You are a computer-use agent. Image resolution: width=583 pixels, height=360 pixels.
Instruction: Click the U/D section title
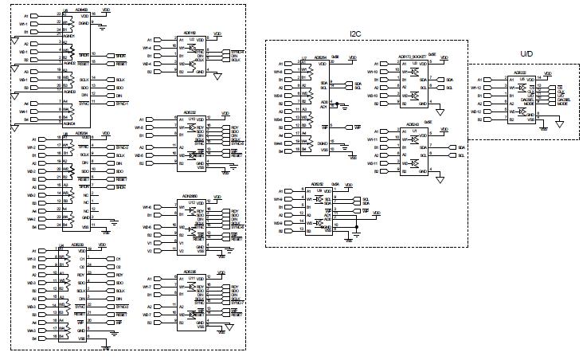coord(526,54)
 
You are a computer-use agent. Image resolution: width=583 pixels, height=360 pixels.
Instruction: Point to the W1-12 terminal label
coord(476,88)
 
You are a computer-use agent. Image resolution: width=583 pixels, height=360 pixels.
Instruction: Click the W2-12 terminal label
coord(476,112)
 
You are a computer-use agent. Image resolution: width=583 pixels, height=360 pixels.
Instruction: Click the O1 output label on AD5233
coord(118,258)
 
